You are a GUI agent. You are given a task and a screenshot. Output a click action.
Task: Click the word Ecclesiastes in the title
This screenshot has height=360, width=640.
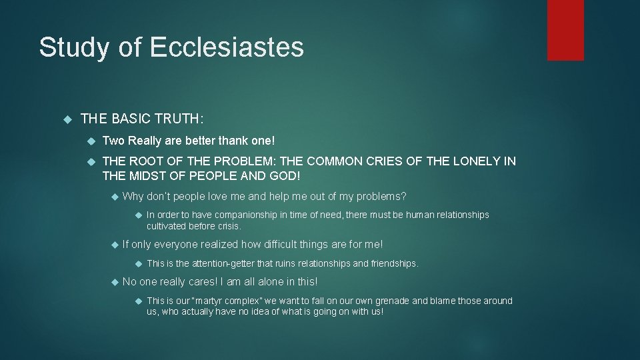227,47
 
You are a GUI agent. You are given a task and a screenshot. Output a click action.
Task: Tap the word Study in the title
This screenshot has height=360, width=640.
71,47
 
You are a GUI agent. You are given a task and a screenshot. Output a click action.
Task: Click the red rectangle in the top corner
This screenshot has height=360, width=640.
565,30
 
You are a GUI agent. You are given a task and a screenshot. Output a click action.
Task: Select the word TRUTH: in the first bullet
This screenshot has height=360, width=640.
181,119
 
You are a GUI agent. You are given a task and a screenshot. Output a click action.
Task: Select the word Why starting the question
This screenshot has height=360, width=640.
133,196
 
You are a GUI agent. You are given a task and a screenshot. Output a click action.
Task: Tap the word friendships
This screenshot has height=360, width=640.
393,263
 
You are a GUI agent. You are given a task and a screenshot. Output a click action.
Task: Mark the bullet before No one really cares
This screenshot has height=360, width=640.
114,282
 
